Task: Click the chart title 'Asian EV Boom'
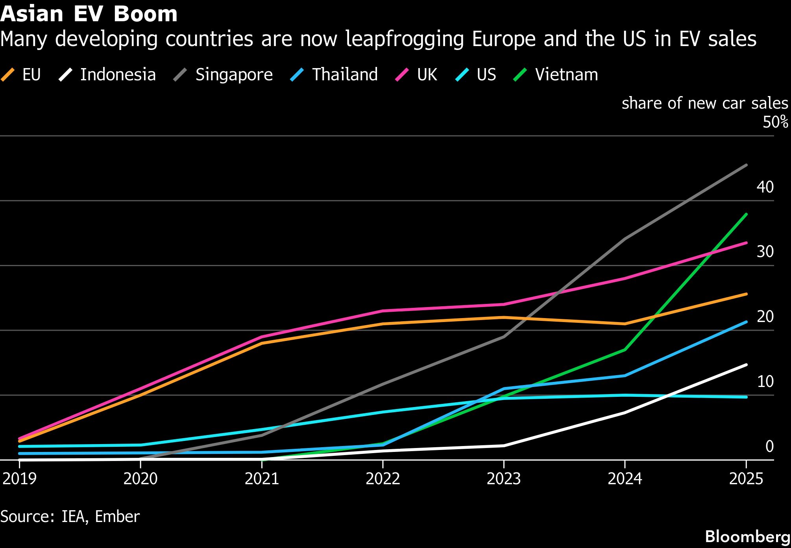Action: [89, 14]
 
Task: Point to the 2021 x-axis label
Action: [262, 479]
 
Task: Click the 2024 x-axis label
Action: [625, 479]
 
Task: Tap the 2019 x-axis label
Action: [20, 479]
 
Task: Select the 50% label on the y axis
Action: [775, 122]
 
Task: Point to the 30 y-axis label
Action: [765, 252]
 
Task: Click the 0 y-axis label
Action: [769, 446]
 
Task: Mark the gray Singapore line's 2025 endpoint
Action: [746, 165]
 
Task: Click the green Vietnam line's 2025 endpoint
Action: [746, 214]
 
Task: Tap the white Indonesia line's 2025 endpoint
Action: [746, 365]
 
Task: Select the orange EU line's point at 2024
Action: [625, 324]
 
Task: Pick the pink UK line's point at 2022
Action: [383, 311]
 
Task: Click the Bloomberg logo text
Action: [747, 537]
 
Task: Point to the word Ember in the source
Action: [117, 517]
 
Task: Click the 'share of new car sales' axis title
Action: [704, 103]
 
